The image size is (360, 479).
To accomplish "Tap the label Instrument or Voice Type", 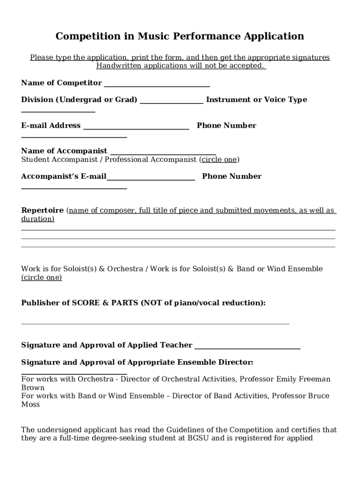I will click(x=256, y=100).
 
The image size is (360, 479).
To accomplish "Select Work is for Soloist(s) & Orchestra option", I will click(x=82, y=269).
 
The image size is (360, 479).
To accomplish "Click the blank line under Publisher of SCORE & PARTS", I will click(x=155, y=323).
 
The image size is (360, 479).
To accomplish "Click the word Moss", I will click(x=30, y=404).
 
